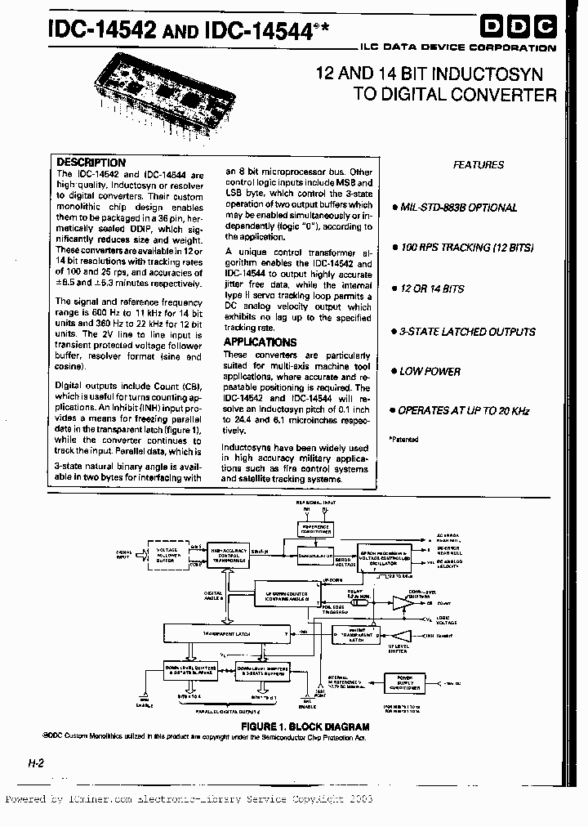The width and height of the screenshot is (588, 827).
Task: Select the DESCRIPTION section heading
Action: tap(91, 163)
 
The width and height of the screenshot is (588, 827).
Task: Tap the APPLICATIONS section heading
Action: tap(260, 342)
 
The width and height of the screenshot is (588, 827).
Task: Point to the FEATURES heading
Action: tap(479, 165)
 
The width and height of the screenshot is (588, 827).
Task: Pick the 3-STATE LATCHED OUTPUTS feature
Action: tap(467, 332)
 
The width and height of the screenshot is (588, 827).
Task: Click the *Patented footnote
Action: tap(403, 439)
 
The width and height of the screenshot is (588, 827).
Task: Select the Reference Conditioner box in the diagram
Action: tap(308, 530)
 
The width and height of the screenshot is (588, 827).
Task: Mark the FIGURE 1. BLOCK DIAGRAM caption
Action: tap(305, 726)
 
